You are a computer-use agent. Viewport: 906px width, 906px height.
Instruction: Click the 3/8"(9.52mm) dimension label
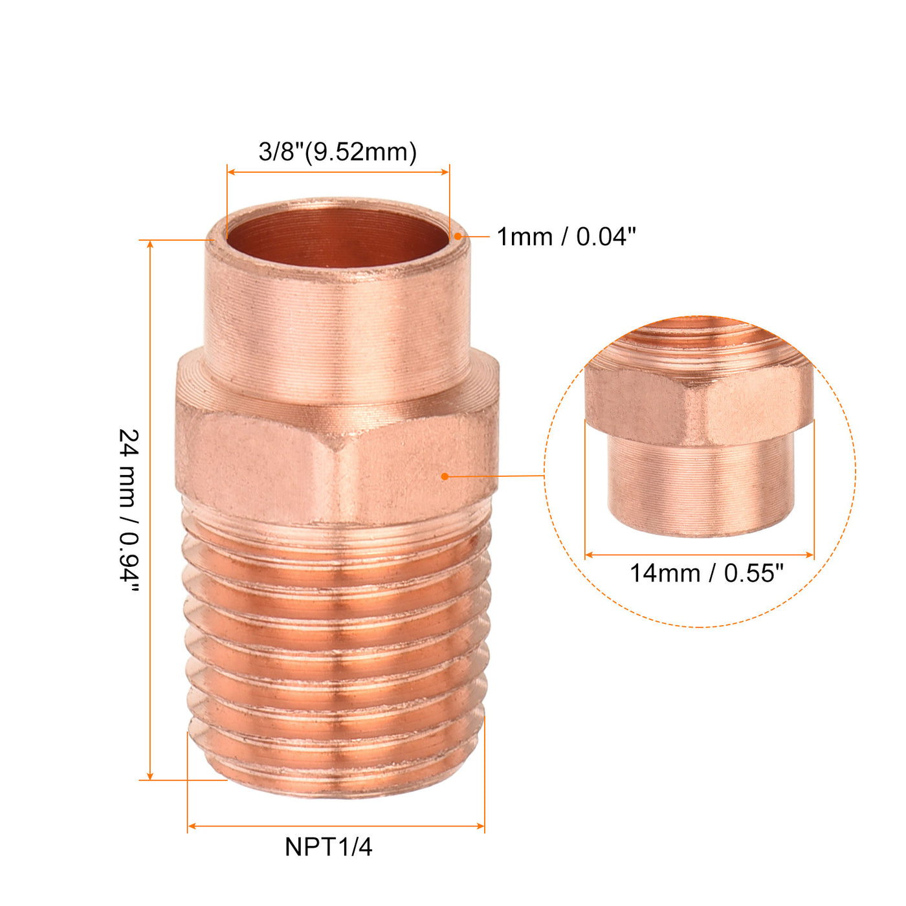click(x=337, y=152)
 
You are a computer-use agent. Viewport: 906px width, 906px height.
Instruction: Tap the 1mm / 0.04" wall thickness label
click(x=566, y=237)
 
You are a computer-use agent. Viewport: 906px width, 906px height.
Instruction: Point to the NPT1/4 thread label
click(x=328, y=847)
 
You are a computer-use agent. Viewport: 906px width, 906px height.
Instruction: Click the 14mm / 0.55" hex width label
click(x=706, y=573)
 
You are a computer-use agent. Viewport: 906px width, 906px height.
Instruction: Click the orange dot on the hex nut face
click(x=445, y=476)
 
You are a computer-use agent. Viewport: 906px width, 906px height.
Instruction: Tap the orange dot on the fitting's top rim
click(x=458, y=236)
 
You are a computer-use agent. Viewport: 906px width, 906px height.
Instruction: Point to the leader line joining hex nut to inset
click(x=495, y=476)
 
